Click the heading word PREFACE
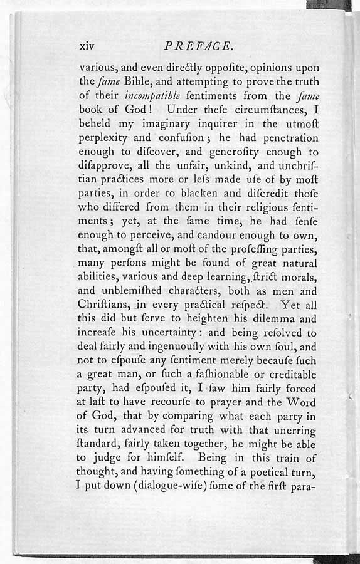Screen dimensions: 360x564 199,46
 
